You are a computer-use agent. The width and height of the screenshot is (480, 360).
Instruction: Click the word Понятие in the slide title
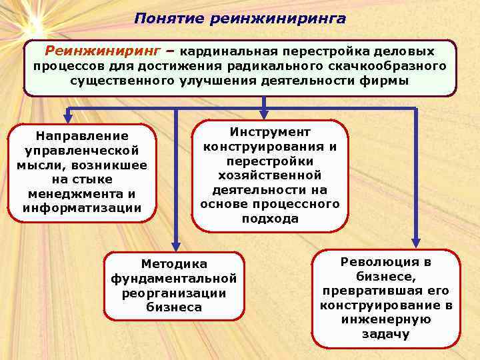(x=168, y=18)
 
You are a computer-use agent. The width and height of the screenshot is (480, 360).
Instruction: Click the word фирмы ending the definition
(x=384, y=81)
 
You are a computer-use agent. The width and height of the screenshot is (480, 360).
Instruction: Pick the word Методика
(x=174, y=264)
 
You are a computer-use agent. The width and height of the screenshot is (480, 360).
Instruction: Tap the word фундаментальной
(x=174, y=278)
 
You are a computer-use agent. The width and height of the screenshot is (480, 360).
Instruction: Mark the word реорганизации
(x=174, y=293)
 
